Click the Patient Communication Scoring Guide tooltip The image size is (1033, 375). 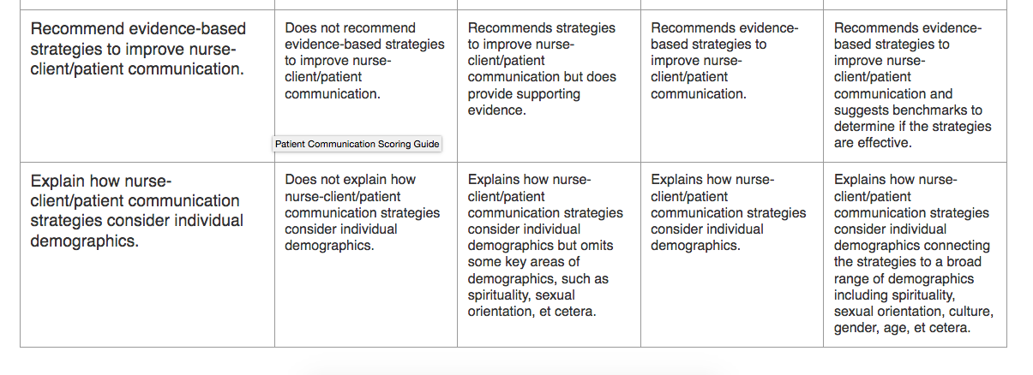click(357, 144)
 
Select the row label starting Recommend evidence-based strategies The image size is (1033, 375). click(138, 49)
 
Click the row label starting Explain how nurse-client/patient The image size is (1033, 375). click(136, 211)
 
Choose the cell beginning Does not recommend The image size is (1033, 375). click(364, 61)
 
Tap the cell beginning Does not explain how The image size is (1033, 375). click(362, 212)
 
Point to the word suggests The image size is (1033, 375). click(861, 110)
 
